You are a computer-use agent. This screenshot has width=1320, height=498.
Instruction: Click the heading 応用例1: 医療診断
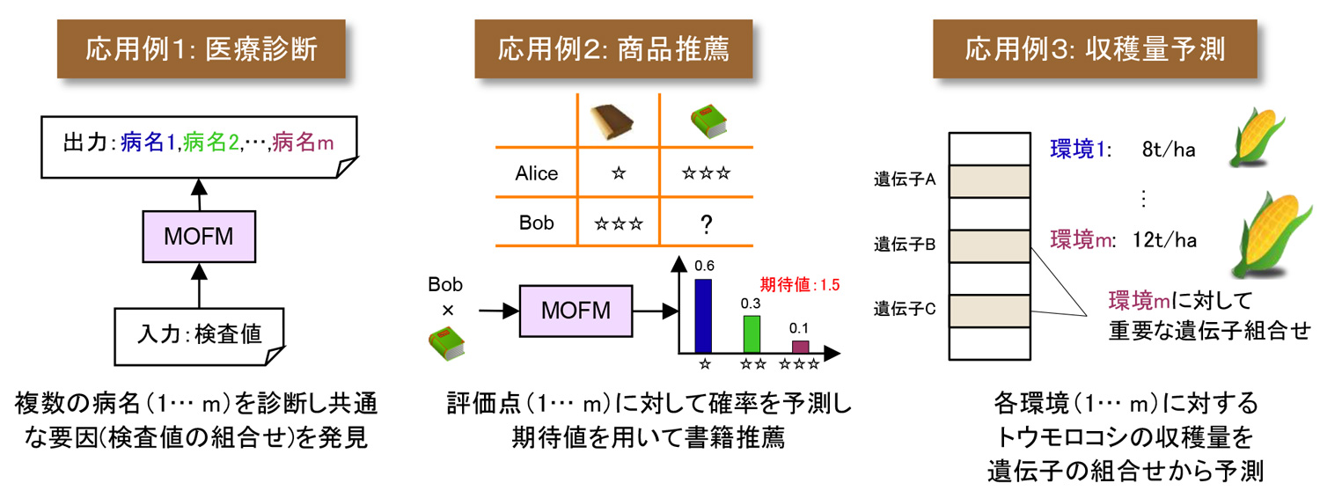pyautogui.click(x=202, y=49)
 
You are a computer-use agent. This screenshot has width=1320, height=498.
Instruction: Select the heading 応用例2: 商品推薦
pyautogui.click(x=614, y=49)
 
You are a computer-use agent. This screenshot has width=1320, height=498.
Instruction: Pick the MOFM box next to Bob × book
pyautogui.click(x=576, y=311)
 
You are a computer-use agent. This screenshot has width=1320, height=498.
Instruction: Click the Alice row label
pyautogui.click(x=537, y=173)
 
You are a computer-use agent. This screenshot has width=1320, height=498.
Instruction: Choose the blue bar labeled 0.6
pyautogui.click(x=704, y=316)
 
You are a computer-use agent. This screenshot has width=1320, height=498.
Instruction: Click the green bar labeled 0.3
pyautogui.click(x=751, y=333)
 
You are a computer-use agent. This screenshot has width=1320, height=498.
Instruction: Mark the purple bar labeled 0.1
pyautogui.click(x=800, y=347)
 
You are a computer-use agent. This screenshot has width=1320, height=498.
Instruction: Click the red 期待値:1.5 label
pyautogui.click(x=799, y=284)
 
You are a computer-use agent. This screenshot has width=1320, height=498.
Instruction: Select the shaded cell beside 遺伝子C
pyautogui.click(x=990, y=311)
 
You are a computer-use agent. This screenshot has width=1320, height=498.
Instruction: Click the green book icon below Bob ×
pyautogui.click(x=445, y=341)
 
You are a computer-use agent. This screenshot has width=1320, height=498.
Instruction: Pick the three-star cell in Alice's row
pyautogui.click(x=706, y=173)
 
